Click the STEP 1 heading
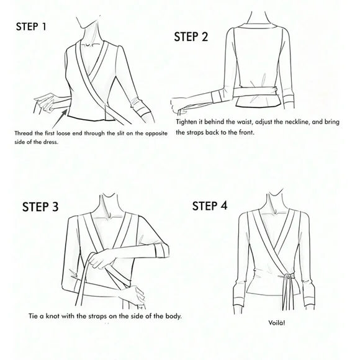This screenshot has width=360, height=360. [31, 27]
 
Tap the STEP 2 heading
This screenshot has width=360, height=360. [191, 37]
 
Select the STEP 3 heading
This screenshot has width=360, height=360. [40, 207]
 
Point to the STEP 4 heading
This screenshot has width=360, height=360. [210, 205]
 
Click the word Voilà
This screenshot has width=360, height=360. [277, 323]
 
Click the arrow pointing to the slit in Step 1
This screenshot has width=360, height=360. [60, 119]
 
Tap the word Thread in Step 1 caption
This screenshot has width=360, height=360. [22, 133]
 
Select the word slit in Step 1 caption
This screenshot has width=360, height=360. [120, 133]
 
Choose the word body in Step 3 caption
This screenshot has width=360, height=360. [173, 317]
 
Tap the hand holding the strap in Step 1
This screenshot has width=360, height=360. [45, 102]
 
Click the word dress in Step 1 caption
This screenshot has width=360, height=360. [51, 142]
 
